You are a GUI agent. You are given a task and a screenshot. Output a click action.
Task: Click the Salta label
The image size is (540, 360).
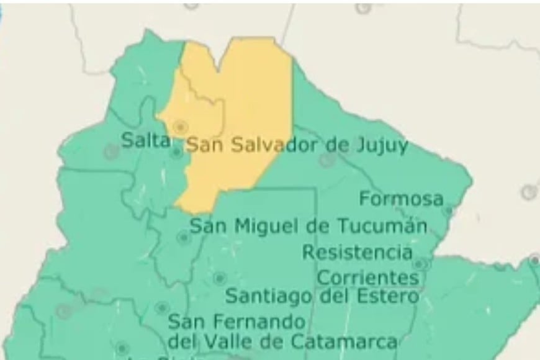tap(145, 140)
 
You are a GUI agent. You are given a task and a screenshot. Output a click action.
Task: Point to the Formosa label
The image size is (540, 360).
tap(402, 199)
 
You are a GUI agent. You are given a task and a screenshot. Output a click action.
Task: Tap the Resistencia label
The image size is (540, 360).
tap(358, 253)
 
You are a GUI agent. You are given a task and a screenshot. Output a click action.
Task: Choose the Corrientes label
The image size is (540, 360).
tap(367, 277)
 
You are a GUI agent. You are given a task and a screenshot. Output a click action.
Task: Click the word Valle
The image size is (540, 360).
tap(236, 341)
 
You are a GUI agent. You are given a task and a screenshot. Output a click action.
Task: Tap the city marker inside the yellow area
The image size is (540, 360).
tap(180, 127)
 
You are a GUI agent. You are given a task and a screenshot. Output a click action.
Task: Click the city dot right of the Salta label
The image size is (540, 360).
tap(178, 151)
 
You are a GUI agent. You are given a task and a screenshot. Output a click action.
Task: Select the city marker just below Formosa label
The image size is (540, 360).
tap(448, 211)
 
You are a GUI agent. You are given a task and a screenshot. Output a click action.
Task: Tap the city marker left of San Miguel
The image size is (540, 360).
tap(183, 237)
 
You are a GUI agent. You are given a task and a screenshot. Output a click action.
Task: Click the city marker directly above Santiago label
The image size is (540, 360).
tap(219, 278)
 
